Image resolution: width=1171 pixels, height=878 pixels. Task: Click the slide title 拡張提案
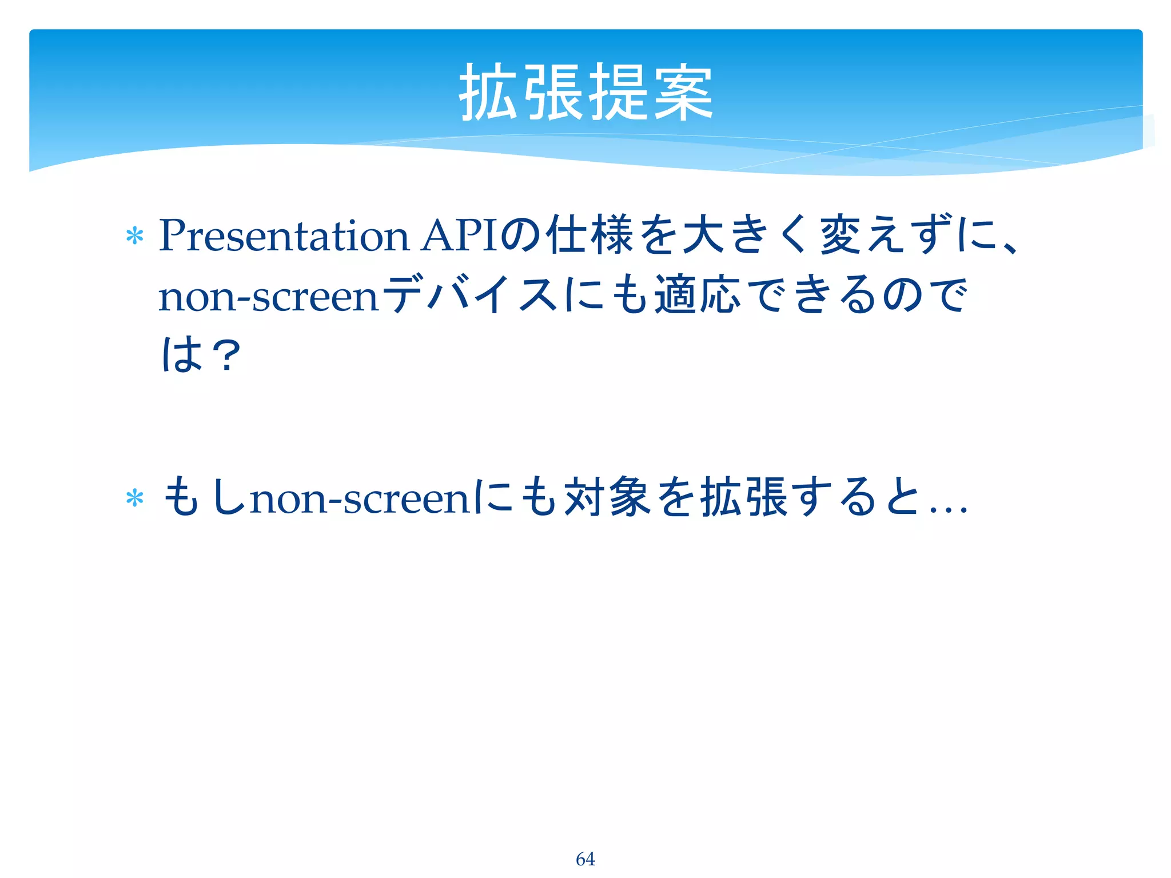point(585,93)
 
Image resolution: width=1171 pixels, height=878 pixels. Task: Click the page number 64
point(585,859)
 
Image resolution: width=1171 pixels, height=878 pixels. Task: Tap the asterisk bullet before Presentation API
point(134,236)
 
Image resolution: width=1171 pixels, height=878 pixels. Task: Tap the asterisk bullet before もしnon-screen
point(134,498)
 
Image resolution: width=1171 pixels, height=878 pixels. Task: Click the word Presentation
point(284,236)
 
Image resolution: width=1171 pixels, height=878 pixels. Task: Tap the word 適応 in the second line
point(698,295)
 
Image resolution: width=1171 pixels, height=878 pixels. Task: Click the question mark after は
point(226,355)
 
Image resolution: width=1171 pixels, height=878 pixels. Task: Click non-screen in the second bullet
point(360,498)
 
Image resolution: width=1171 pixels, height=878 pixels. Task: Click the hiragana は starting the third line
point(181,355)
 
